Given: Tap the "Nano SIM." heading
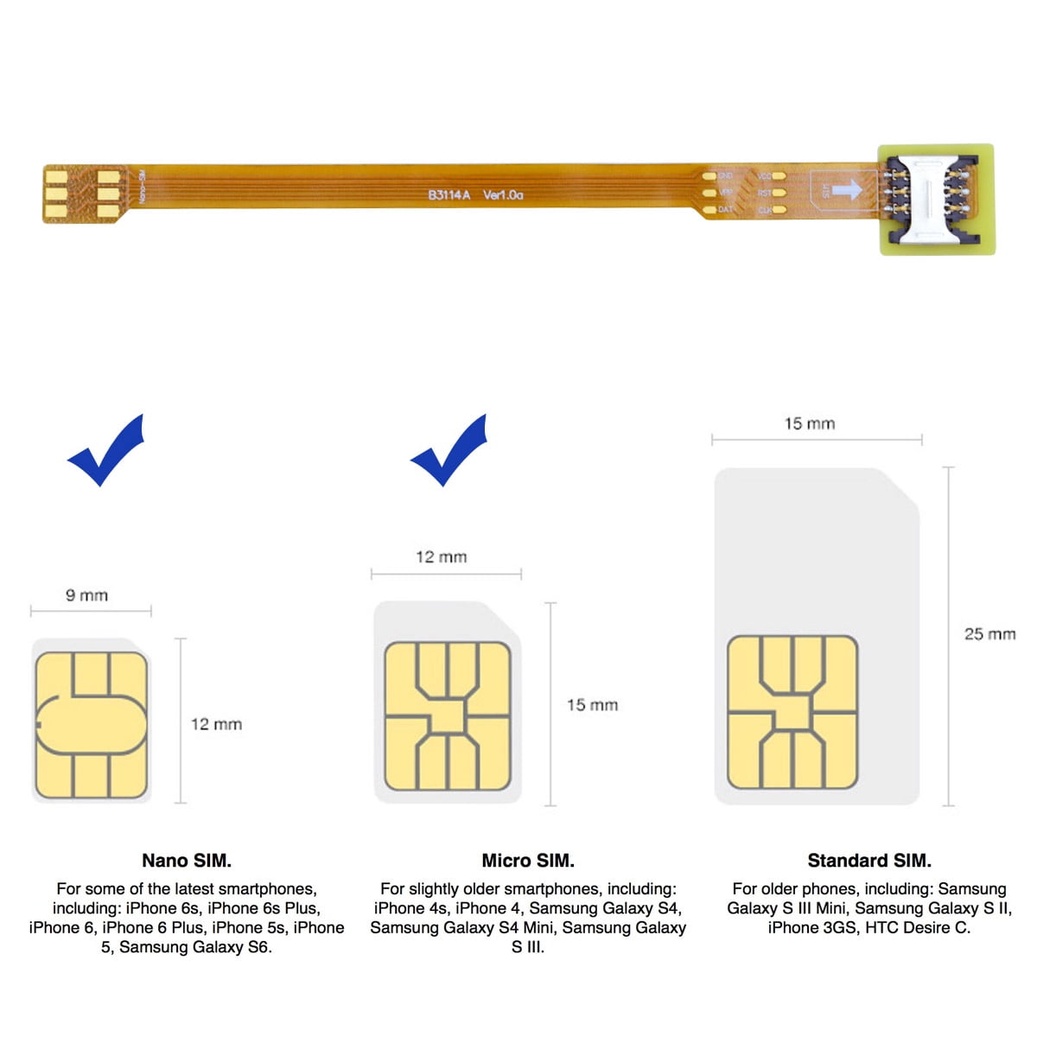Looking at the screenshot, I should (187, 861).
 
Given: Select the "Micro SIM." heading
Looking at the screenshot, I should (528, 861).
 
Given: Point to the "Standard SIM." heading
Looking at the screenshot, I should (869, 861).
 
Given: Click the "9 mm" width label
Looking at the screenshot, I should (87, 595).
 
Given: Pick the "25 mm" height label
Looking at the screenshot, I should (989, 634).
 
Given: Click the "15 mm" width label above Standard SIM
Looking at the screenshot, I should (810, 423).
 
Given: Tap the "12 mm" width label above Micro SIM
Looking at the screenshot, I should (442, 557).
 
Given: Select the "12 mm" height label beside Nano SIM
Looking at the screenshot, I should (216, 724).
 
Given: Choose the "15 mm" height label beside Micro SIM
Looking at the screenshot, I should (592, 705).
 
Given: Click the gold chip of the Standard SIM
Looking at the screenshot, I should (792, 712).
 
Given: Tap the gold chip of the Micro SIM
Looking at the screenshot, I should (448, 716).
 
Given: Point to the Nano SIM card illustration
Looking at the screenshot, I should (92, 722).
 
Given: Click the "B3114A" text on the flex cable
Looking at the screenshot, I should (449, 195).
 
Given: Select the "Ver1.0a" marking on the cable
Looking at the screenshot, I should (503, 195).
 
